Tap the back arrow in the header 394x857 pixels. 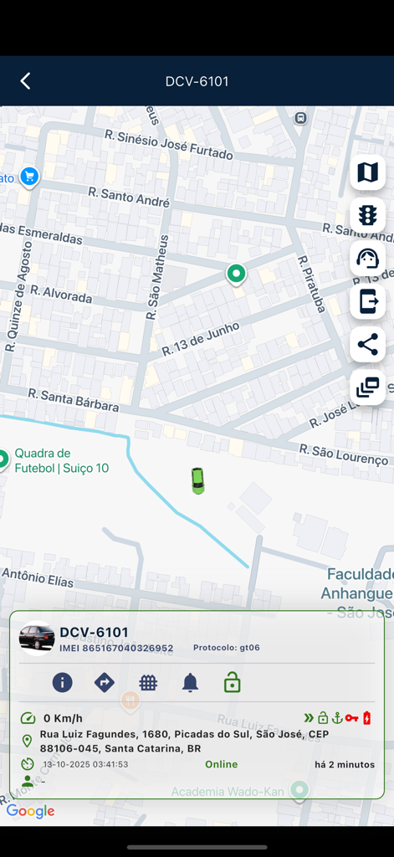pos(25,81)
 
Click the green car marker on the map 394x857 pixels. pos(197,480)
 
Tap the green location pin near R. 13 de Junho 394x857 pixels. pos(236,274)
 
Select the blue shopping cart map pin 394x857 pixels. pos(30,177)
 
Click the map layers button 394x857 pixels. pos(367,172)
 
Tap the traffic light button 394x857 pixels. pos(367,215)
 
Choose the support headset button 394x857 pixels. pos(367,259)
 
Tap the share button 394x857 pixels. pos(367,345)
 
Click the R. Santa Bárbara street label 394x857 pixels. pos(74,399)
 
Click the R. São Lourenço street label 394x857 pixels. pos(344,455)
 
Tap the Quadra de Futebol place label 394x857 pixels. pos(61,460)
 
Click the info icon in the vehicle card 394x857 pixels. pos(63,683)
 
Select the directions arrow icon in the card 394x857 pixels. pos(105,683)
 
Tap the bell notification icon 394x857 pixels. pos(191,683)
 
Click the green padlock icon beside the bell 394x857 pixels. pos(233,683)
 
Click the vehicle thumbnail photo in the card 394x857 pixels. pos(37,638)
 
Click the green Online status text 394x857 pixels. pos(222,764)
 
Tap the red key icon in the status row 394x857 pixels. pos(351,718)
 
